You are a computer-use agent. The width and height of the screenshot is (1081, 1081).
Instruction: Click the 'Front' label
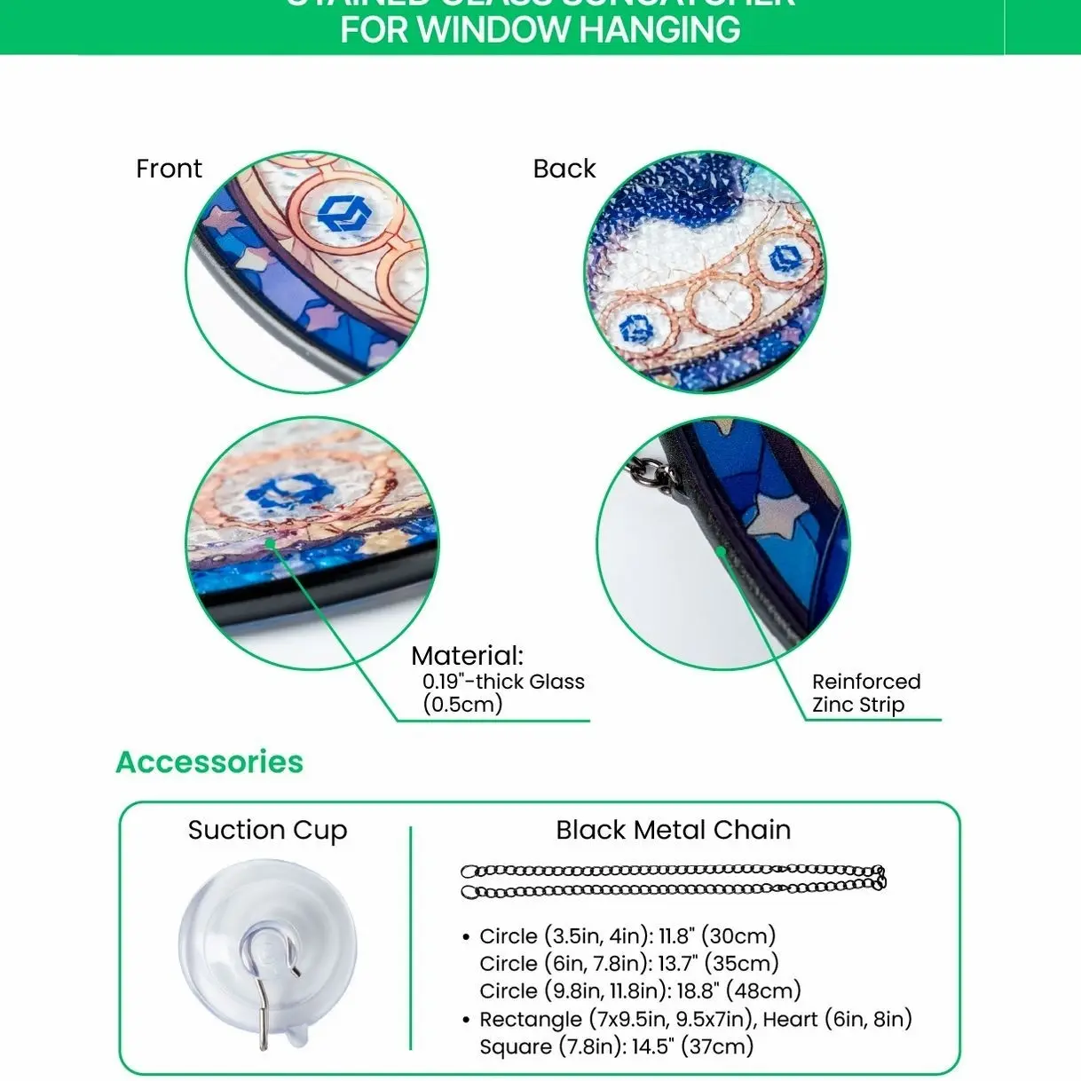click(x=169, y=169)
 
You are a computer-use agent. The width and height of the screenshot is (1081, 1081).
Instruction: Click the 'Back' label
click(x=564, y=169)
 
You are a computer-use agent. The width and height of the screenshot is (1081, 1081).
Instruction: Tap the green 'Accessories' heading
click(x=209, y=762)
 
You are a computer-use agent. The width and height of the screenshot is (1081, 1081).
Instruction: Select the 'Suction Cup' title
click(x=267, y=831)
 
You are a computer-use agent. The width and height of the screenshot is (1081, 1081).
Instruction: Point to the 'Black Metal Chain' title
click(x=673, y=831)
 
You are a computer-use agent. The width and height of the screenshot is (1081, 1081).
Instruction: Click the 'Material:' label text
click(x=467, y=657)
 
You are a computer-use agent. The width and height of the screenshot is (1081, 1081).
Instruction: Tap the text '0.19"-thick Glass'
click(x=503, y=682)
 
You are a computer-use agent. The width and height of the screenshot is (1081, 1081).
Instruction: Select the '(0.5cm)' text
click(x=462, y=705)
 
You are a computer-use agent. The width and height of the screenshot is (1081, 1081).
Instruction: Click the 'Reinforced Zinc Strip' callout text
click(x=865, y=693)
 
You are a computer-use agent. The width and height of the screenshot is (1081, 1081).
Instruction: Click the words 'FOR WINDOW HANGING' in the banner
click(x=540, y=30)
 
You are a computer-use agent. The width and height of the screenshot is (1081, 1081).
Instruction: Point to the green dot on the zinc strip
click(x=722, y=550)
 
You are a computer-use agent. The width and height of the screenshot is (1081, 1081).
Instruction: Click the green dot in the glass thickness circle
click(x=268, y=541)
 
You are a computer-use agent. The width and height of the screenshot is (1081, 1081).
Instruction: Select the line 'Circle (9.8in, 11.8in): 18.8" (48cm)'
click(x=640, y=991)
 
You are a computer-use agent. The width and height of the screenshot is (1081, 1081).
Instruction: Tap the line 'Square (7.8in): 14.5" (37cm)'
click(x=616, y=1047)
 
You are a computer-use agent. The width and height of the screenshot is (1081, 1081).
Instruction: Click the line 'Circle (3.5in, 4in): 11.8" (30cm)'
click(x=627, y=936)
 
